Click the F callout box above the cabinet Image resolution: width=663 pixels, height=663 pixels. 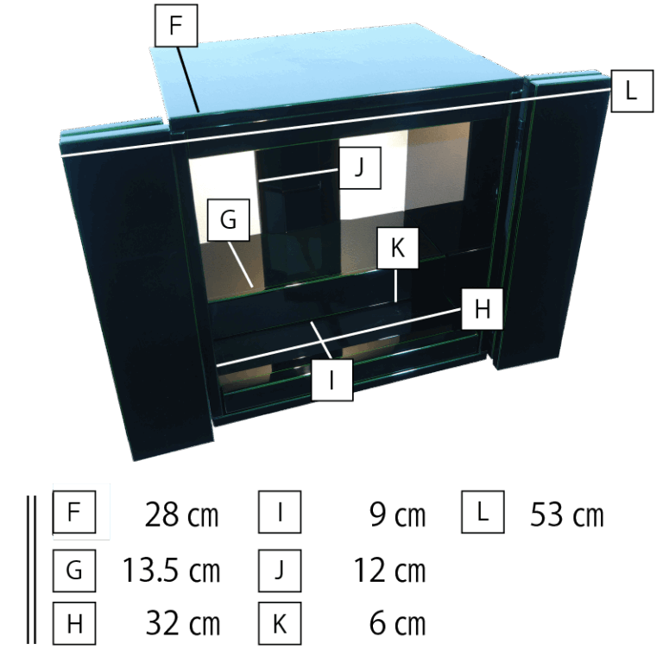point(176,25)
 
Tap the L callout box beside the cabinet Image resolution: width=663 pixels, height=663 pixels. point(632,91)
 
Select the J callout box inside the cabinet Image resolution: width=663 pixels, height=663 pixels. point(360,167)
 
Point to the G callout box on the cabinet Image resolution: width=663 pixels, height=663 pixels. point(228,220)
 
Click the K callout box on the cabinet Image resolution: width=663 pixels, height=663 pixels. point(397,248)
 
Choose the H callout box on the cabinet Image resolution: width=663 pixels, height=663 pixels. point(482,309)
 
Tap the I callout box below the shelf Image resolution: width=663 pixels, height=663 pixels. point(331,380)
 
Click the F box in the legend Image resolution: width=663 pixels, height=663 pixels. point(74,512)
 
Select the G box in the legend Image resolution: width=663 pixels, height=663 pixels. point(74,571)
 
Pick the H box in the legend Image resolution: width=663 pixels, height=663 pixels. point(74,623)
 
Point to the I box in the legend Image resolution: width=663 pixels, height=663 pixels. point(280,512)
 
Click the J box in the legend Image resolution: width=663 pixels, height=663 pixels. point(280,571)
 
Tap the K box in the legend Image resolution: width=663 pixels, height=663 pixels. point(280,623)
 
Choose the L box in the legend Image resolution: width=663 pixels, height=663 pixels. point(483,512)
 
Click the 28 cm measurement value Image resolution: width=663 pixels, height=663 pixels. point(182,515)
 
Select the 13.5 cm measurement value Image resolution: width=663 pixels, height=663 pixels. point(171,570)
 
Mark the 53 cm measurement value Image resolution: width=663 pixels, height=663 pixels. point(567,515)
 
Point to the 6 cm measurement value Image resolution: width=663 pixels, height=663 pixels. point(397,623)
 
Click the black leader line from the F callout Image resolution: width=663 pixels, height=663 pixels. point(187,79)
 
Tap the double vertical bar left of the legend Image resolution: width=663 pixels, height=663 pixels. point(31,570)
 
